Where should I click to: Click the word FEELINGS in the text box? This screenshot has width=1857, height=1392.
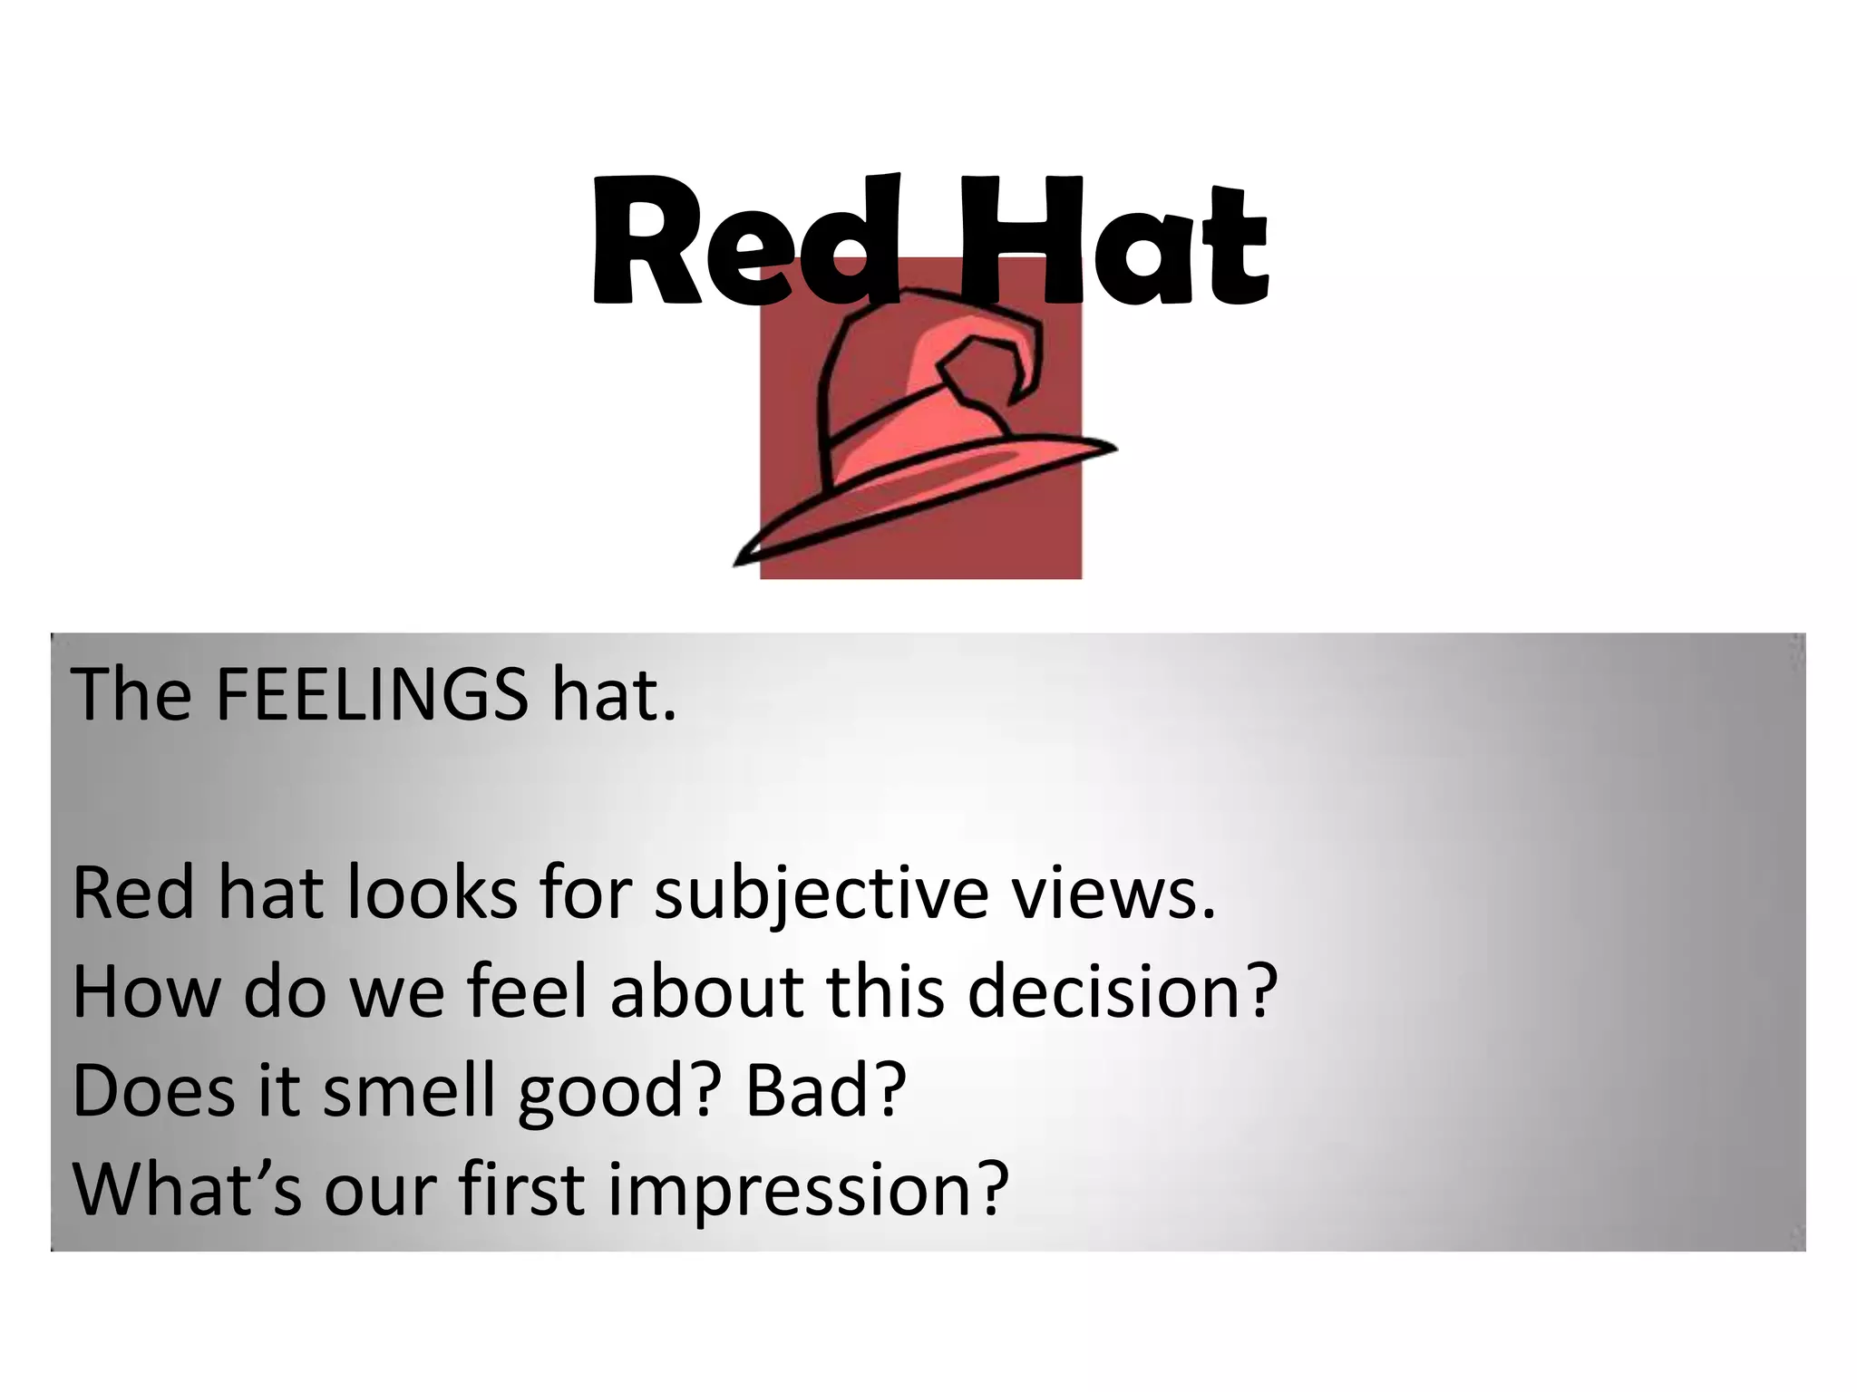(371, 695)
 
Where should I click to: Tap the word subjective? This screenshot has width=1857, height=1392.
(820, 893)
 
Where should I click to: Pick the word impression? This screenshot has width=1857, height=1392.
(807, 1189)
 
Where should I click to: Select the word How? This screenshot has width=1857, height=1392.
(146, 991)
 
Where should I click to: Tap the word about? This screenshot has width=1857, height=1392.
(708, 991)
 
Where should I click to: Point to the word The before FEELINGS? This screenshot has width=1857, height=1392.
(131, 695)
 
